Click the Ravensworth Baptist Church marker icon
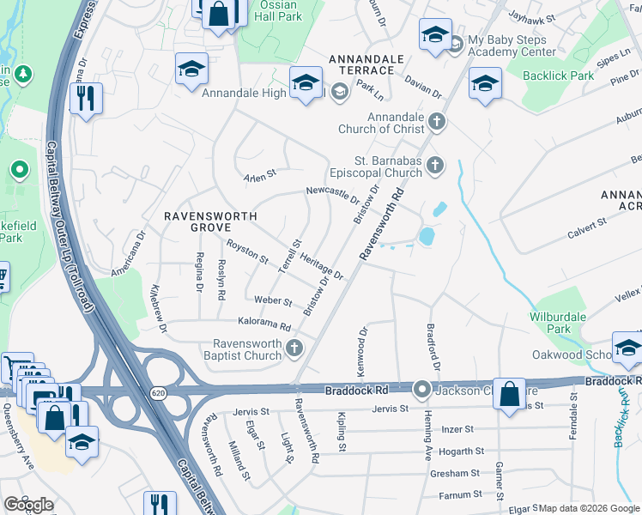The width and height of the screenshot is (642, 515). (x=295, y=348)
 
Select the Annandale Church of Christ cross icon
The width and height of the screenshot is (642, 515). (x=437, y=121)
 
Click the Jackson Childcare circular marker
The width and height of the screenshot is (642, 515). (x=421, y=390)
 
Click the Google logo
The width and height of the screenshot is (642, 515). (x=28, y=504)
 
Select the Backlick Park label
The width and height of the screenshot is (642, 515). (x=559, y=76)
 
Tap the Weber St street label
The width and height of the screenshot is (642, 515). (x=274, y=301)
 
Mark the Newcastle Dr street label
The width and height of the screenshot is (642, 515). (x=333, y=195)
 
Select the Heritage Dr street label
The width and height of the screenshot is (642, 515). (x=322, y=268)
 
